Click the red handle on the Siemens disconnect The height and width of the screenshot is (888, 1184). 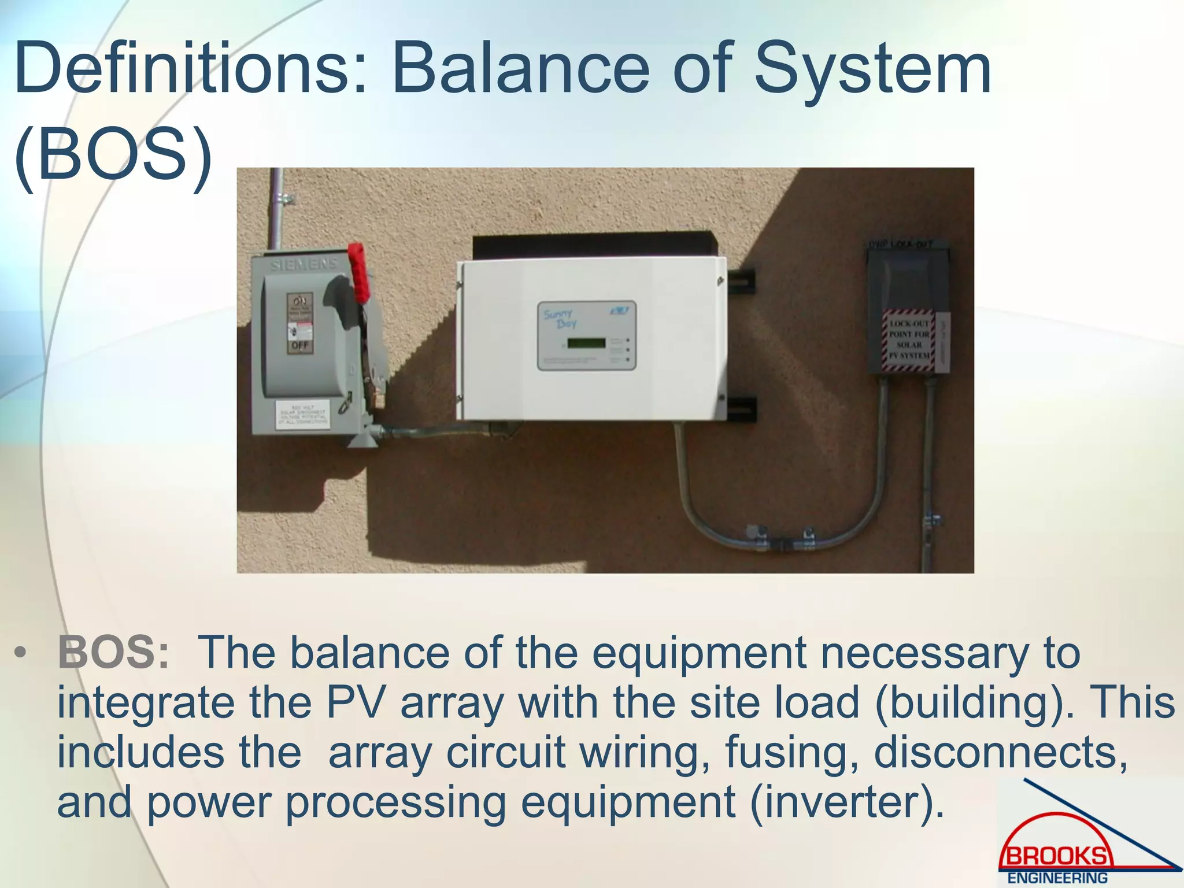point(358,272)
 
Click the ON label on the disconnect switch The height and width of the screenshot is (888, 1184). point(300,302)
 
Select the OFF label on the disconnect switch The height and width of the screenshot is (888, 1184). point(300,346)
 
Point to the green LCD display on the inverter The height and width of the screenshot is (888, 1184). point(586,343)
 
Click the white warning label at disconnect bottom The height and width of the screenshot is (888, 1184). point(302,414)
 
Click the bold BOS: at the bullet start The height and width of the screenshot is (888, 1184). point(113,653)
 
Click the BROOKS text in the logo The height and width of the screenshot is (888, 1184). point(1056,856)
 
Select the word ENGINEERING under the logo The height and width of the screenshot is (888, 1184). point(1057,878)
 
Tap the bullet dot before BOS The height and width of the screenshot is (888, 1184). point(21,654)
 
